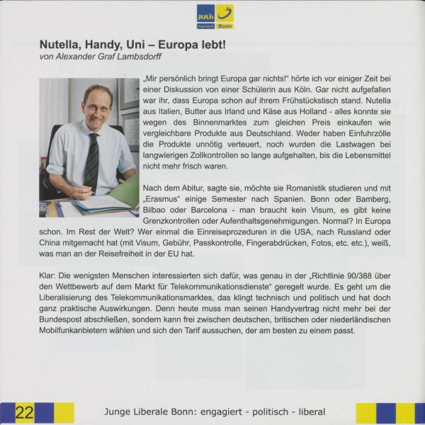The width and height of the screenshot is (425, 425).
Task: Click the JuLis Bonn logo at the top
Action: (215, 16)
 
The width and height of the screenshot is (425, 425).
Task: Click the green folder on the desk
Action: (127, 191)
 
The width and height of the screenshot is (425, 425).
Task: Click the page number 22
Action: (25, 412)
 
